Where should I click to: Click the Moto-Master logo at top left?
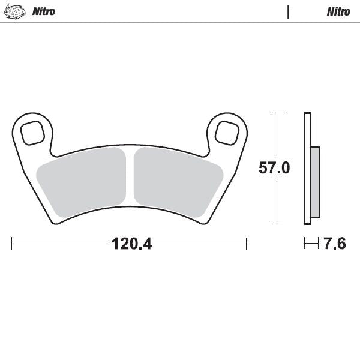[12, 11]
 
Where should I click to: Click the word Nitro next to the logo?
[44, 11]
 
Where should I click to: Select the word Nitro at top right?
[338, 11]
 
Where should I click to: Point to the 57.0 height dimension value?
[274, 168]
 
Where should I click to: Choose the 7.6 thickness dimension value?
[334, 244]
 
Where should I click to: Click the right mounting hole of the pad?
[226, 131]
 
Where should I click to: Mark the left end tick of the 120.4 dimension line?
[13, 244]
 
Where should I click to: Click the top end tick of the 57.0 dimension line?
[276, 113]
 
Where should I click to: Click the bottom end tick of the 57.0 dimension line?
[276, 224]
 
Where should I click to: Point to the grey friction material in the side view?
[316, 182]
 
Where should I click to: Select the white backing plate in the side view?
[308, 168]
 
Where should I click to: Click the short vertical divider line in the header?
[288, 11]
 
